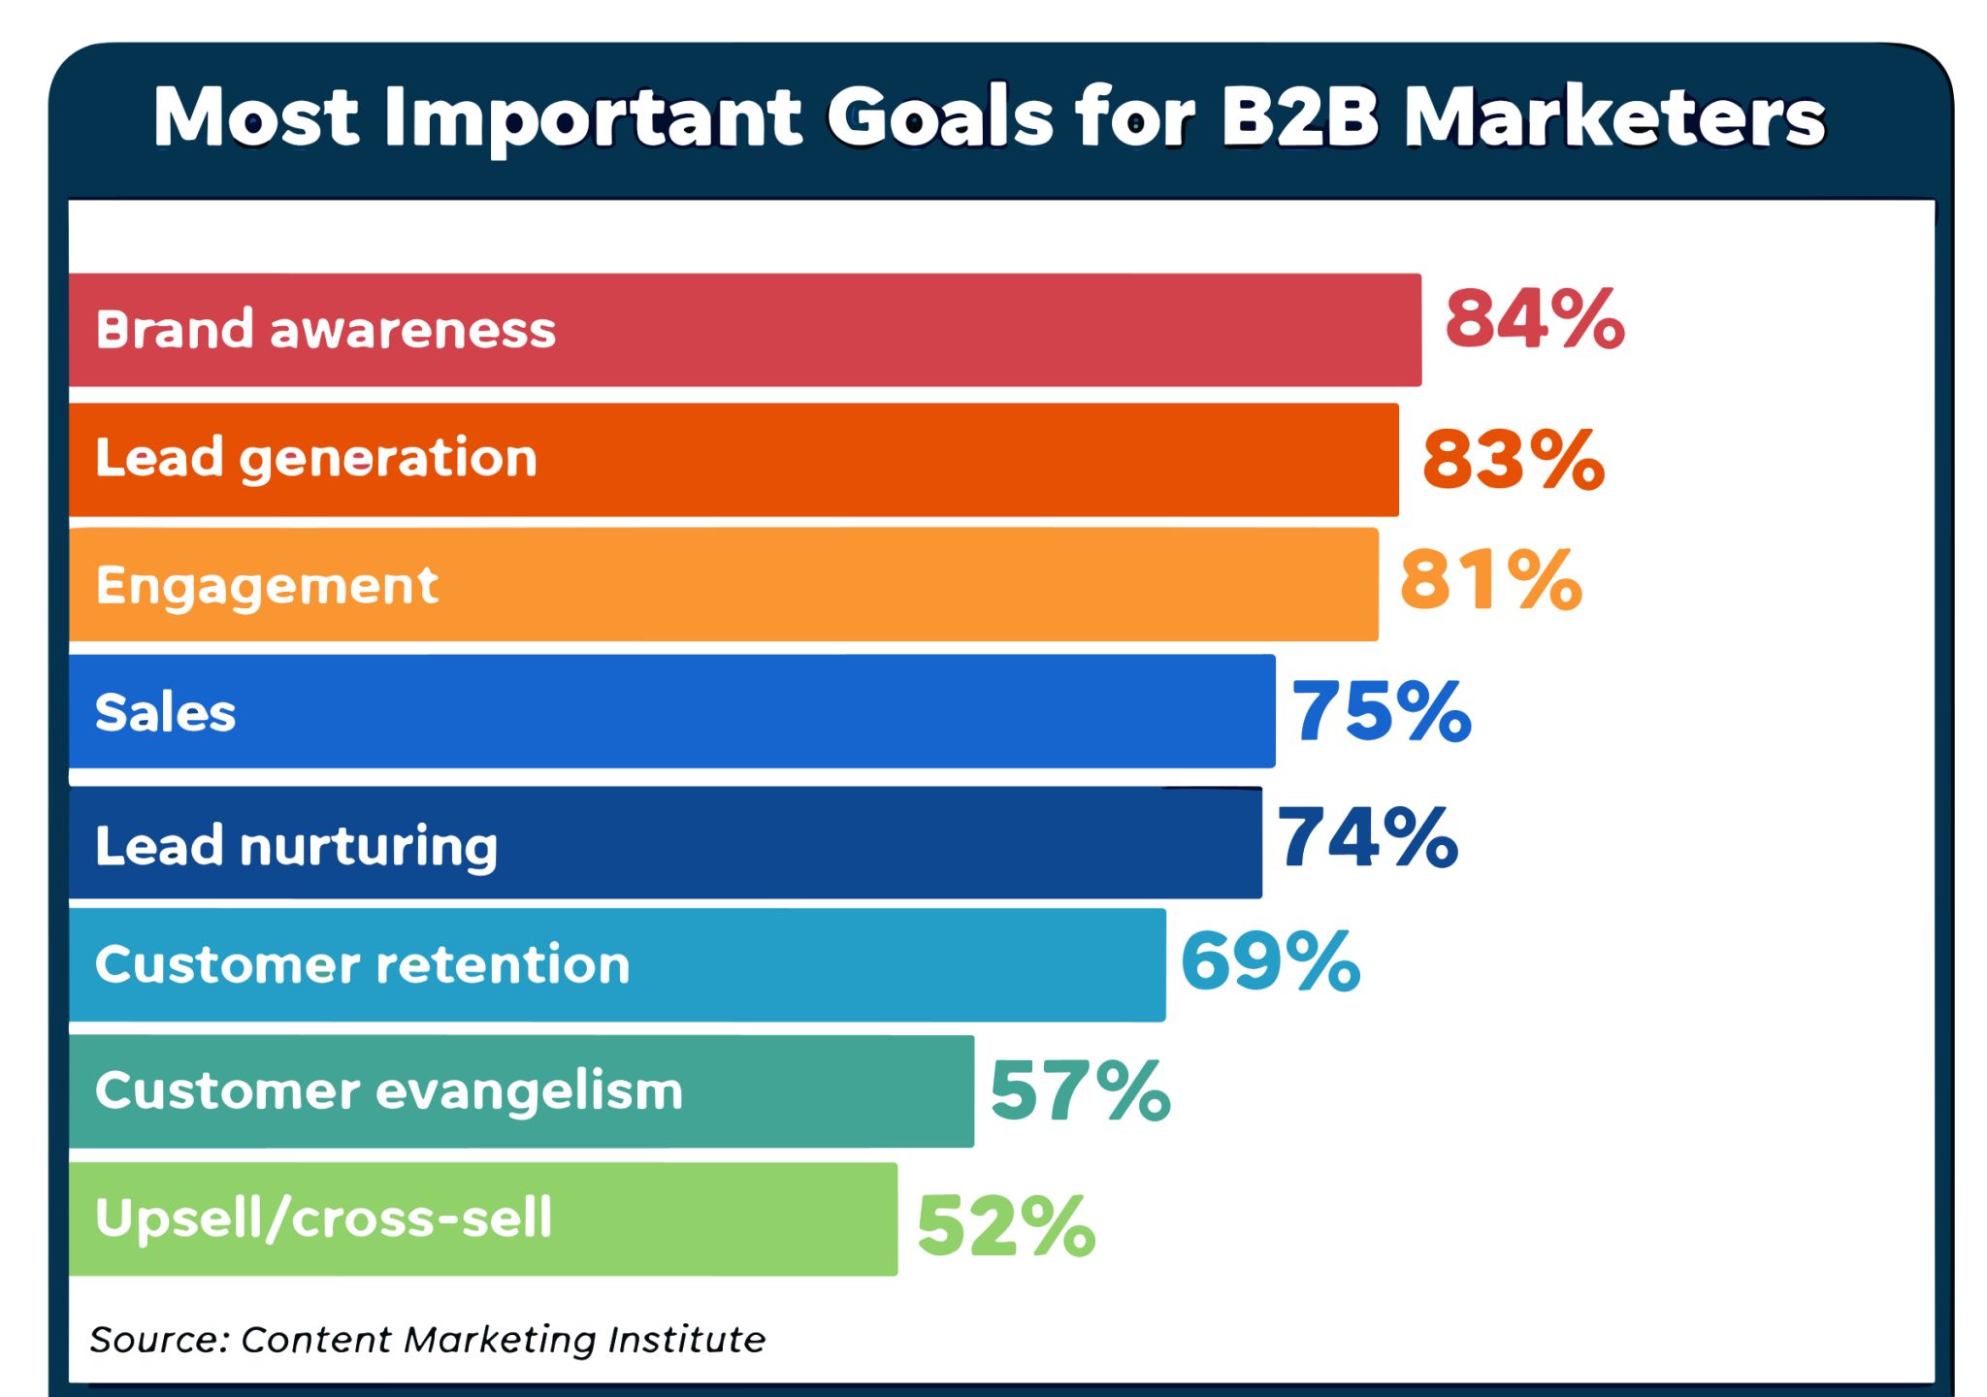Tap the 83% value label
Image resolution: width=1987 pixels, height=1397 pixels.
click(x=1514, y=459)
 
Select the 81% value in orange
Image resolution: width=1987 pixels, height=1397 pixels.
click(x=1491, y=580)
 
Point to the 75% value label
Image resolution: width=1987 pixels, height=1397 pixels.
click(x=1382, y=712)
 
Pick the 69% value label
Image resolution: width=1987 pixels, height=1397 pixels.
click(x=1271, y=960)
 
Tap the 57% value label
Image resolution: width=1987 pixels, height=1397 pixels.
click(x=1081, y=1090)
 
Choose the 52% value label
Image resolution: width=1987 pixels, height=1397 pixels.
click(x=1006, y=1227)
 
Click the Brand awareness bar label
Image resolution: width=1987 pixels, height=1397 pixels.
click(x=326, y=329)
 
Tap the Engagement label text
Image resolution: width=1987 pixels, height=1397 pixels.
click(x=267, y=586)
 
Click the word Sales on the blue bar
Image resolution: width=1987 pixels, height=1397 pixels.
click(x=166, y=712)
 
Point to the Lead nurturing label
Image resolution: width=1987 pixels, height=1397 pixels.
click(x=297, y=847)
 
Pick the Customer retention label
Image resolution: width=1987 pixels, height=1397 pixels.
click(x=363, y=964)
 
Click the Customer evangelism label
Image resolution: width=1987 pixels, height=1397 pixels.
click(x=389, y=1091)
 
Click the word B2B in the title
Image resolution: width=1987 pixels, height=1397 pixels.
click(x=1299, y=118)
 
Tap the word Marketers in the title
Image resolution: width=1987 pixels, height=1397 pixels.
click(x=1615, y=118)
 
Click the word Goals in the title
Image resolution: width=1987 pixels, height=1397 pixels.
click(x=940, y=118)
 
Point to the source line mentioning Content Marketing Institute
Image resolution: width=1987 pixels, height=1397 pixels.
click(x=428, y=1341)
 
